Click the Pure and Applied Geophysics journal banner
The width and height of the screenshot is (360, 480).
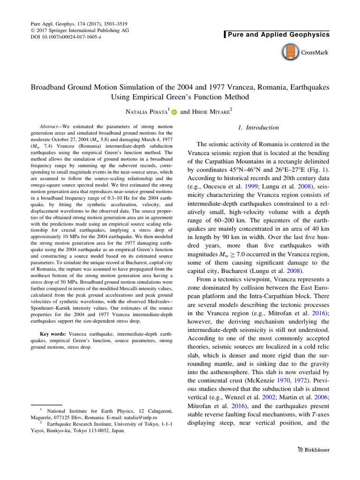(278, 34)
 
